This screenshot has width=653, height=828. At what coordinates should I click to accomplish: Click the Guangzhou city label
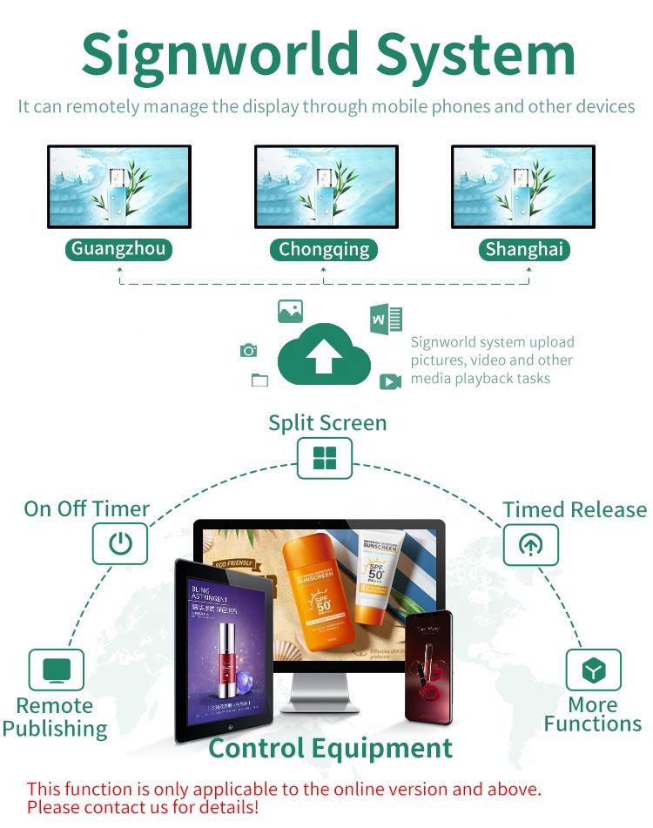tap(118, 249)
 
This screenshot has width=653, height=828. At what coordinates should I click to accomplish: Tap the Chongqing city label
tap(324, 250)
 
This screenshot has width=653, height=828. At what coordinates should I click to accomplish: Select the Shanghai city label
tap(524, 250)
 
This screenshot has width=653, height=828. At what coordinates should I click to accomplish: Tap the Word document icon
tap(386, 320)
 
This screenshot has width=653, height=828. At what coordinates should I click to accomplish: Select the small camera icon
tap(249, 350)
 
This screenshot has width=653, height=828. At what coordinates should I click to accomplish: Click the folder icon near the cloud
tap(259, 380)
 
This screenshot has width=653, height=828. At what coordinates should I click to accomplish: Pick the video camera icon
tap(389, 381)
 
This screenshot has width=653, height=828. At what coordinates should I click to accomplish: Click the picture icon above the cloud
tap(290, 312)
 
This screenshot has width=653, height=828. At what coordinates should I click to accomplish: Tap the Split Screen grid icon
tap(325, 458)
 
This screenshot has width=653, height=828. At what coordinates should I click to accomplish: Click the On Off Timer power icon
tap(120, 544)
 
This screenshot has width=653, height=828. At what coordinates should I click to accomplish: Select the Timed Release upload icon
tap(530, 544)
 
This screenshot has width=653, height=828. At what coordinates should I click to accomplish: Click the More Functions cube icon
tap(593, 670)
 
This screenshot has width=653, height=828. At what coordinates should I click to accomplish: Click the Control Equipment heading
tap(331, 748)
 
